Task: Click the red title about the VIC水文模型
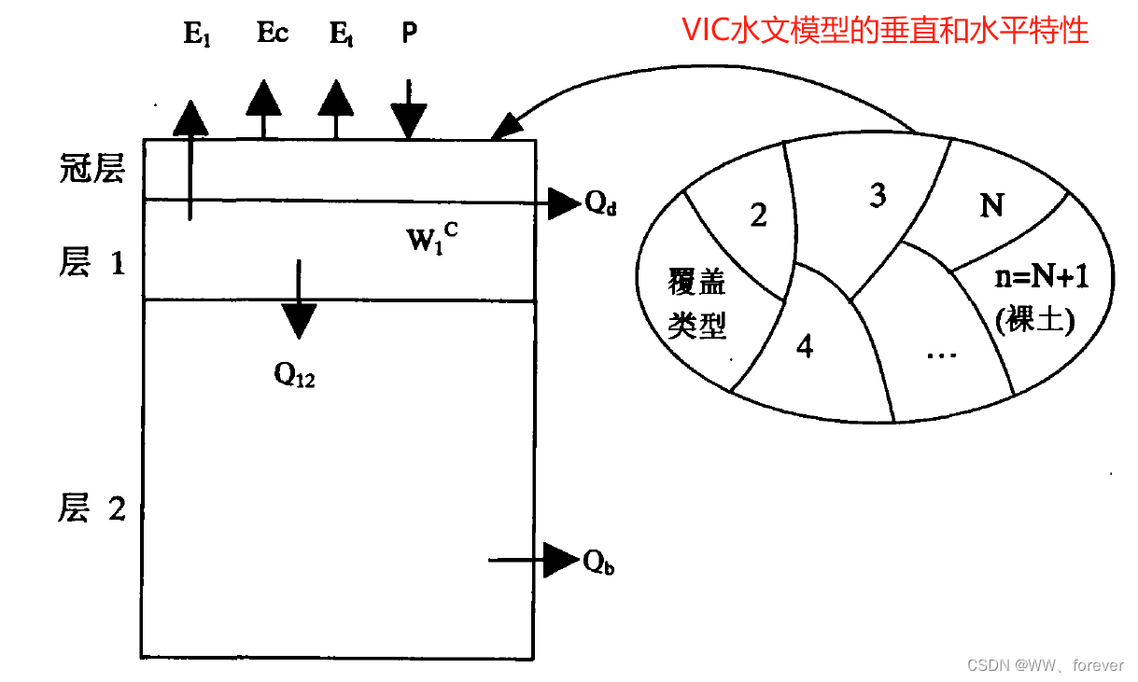885,30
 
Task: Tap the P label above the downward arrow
409,34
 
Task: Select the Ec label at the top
273,34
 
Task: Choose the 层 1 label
91,264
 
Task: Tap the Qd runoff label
601,204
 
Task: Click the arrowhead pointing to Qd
563,202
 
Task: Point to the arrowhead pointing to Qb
561,560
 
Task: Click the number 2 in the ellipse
758,215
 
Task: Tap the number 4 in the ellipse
805,346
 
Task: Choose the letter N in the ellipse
991,204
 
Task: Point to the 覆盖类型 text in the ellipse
697,303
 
